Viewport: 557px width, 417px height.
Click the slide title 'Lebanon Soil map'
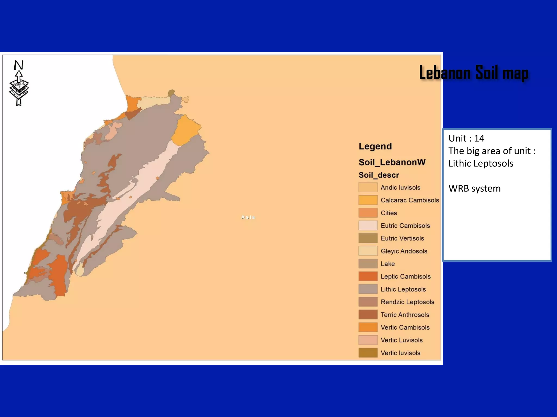point(474,72)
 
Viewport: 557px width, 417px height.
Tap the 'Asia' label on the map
point(248,217)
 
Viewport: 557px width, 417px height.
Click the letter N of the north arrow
point(18,65)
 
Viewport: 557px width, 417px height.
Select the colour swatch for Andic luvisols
point(368,187)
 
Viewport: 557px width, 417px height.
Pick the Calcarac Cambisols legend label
point(410,200)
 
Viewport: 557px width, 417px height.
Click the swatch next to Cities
point(368,213)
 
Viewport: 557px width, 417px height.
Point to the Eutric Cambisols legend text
point(405,226)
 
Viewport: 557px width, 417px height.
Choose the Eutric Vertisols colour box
point(368,238)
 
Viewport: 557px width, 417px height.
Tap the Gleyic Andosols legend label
point(404,251)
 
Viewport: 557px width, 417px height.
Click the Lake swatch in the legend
point(368,264)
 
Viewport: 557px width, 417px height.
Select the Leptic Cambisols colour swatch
point(368,276)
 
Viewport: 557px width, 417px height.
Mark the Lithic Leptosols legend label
point(403,289)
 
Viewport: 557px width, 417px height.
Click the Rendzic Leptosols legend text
point(407,302)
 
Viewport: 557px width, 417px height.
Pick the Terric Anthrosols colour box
point(368,315)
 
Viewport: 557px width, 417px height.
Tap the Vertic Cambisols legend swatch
point(368,327)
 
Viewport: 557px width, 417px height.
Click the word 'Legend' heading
point(375,146)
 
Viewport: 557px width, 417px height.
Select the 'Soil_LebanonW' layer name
point(392,162)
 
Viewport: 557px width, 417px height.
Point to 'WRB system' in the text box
point(474,188)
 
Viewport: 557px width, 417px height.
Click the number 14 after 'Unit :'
point(479,138)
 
